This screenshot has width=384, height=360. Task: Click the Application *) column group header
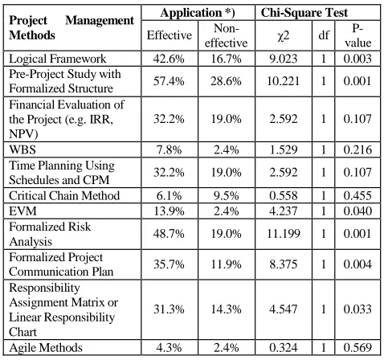coord(198,13)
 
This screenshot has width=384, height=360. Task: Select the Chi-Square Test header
coord(304,13)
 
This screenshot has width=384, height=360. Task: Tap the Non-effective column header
coord(226,35)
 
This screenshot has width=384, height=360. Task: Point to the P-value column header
coord(357,35)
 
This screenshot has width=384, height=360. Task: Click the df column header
coord(324,35)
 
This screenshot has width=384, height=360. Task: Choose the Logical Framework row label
coord(58,59)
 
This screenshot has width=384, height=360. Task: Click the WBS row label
coord(22,149)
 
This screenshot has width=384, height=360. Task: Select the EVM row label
coord(22,211)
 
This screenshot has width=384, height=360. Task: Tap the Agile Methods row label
coord(46,348)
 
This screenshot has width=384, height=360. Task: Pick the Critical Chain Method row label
coord(64,195)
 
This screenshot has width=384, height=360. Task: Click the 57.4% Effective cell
coord(169,81)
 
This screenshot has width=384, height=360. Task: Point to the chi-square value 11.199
coord(284,234)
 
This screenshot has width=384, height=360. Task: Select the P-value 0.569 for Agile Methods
coord(357,348)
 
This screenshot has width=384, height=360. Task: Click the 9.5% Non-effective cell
coord(226,195)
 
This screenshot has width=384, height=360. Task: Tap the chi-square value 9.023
coord(284,59)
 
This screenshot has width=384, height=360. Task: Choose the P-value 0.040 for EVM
coord(357,211)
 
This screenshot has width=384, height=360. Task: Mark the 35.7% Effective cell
coord(169,264)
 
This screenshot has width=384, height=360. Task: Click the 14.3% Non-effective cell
coord(226,309)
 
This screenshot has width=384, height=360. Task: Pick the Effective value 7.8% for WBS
coord(169,149)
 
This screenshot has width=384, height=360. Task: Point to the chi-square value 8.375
coord(284,264)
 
